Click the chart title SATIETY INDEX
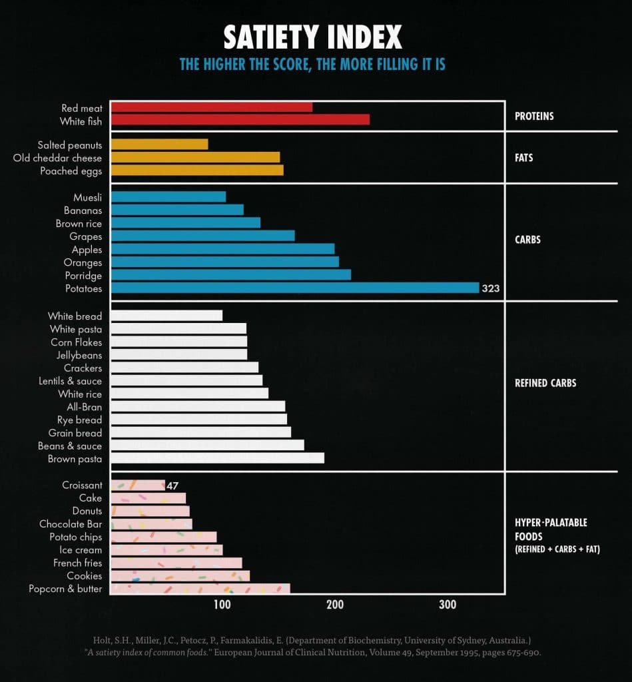click(x=312, y=37)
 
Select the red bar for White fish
click(x=240, y=120)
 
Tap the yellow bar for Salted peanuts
click(x=159, y=145)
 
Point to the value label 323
click(x=491, y=289)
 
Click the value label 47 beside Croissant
click(x=173, y=486)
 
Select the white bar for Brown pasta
click(x=217, y=458)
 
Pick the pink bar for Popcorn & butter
click(x=200, y=589)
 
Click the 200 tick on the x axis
click(x=335, y=605)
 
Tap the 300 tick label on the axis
click(x=448, y=605)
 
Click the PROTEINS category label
click(x=534, y=117)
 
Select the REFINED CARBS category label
click(x=545, y=383)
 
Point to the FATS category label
click(x=524, y=159)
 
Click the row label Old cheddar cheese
click(x=57, y=158)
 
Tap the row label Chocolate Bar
click(x=71, y=524)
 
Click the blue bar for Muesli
click(x=168, y=197)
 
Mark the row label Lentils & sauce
click(x=70, y=381)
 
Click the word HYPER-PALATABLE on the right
click(x=551, y=523)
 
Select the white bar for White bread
click(x=166, y=316)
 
